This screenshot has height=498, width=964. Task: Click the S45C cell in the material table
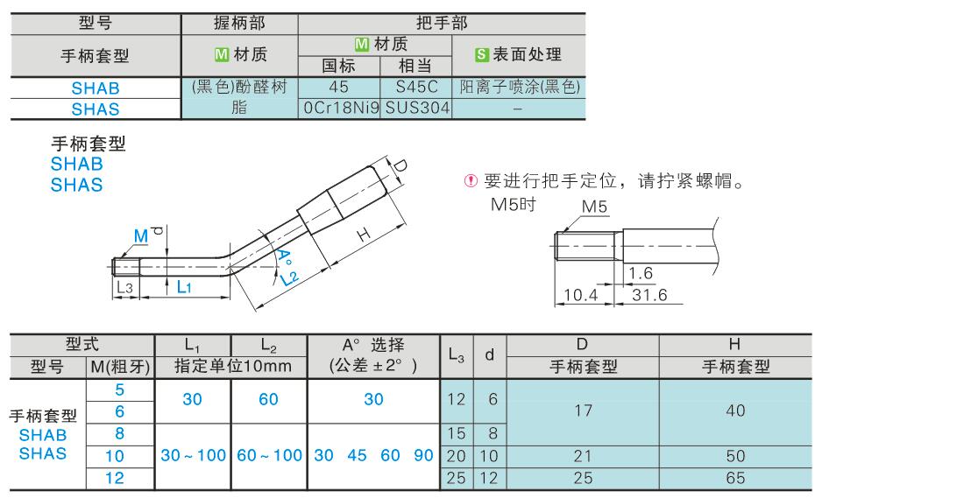(416, 88)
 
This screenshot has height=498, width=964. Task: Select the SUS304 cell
(417, 108)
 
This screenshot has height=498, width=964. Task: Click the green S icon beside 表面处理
(481, 55)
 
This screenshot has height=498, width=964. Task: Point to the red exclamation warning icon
(471, 180)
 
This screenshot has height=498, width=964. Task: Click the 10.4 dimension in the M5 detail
(581, 295)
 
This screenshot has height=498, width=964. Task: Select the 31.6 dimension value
(649, 295)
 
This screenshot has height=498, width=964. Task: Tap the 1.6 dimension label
(641, 273)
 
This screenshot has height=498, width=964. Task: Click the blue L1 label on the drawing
(184, 286)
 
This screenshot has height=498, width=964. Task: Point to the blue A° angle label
(284, 258)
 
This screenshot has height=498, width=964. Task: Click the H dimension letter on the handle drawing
(364, 235)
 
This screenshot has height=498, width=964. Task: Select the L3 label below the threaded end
(124, 287)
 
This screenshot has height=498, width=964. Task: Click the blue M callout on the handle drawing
(141, 235)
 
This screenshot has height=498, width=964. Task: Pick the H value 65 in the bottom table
(735, 478)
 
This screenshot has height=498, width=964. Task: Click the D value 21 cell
(582, 456)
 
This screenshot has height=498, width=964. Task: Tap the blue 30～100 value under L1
(193, 456)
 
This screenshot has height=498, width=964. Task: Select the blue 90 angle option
(423, 456)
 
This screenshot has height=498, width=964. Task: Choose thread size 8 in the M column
(120, 433)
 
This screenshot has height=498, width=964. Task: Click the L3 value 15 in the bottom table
(457, 433)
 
